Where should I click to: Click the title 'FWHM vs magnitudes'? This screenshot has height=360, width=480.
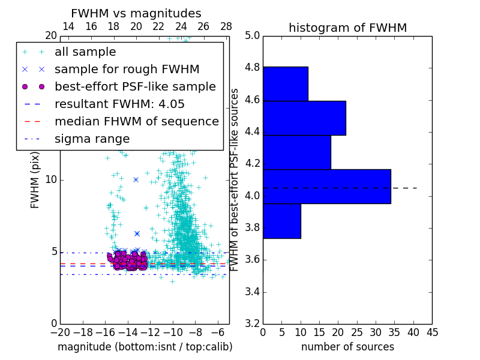coord(136,13)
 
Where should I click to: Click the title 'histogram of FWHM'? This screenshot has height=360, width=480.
coord(347,28)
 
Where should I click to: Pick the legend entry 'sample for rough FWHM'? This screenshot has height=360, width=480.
coord(127,69)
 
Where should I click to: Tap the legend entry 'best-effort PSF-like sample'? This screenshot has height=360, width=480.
coord(135,86)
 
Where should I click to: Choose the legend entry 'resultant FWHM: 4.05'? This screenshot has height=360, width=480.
coord(119,104)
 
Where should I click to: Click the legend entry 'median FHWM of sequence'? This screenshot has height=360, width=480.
coord(136,121)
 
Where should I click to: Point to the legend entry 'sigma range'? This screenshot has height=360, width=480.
coord(92,139)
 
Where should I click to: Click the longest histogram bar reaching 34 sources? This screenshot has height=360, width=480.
coord(326,187)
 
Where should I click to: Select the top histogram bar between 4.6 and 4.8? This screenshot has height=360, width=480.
coord(285,84)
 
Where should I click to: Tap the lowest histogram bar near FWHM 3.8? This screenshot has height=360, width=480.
coord(281,221)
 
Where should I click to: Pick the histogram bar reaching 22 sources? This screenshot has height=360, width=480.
coord(304,118)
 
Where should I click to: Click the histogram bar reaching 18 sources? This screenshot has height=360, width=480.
coord(296,152)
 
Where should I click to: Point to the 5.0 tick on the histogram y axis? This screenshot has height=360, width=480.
coord(253,36)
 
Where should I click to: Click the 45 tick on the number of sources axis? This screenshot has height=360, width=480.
coord(431,331)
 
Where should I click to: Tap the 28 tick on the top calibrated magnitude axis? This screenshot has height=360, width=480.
coord(226,26)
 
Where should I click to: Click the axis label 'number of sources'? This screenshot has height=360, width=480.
coord(347,347)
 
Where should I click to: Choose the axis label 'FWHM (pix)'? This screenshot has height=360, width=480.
coord(35,179)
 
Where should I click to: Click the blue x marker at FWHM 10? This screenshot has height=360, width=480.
coord(136,179)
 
